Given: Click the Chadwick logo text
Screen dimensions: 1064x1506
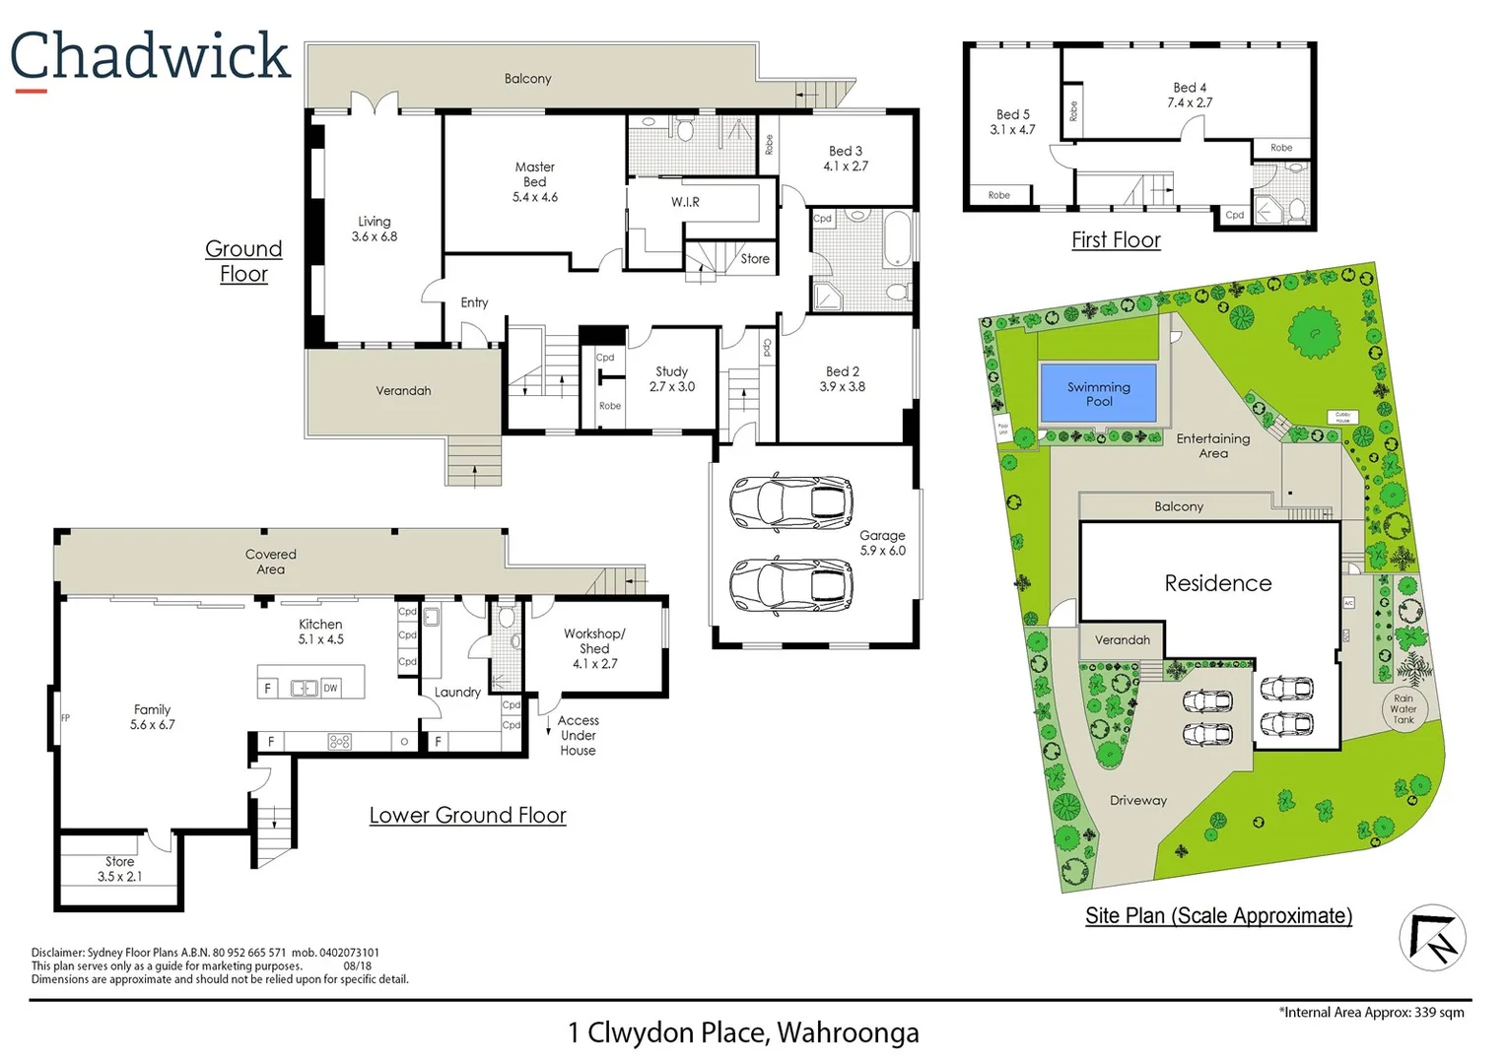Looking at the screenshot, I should pos(150,56).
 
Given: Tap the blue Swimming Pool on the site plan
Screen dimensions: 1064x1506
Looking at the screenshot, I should pos(1098,393).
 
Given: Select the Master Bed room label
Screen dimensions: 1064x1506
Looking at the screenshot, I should pos(534,182).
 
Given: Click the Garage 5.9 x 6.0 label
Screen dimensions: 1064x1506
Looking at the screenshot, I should pos(882,543).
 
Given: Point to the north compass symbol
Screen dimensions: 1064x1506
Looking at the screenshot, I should pos(1432,938).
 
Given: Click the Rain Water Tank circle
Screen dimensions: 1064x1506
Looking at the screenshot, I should pos(1403,708).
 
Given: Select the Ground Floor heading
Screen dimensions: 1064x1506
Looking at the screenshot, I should pos(243,261).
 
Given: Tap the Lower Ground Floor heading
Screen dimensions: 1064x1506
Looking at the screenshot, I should pos(467,816).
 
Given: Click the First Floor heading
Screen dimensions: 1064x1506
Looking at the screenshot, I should pos(1116,240).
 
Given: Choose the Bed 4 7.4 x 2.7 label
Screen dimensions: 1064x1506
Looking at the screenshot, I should pos(1190,96).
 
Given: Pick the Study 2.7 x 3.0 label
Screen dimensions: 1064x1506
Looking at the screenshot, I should pos(671,379).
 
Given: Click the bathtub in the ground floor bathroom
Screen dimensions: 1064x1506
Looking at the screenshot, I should pos(897,238).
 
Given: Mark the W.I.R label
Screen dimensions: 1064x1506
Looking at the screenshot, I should pos(685,202).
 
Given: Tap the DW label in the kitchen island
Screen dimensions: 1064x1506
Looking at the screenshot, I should pos(330,689).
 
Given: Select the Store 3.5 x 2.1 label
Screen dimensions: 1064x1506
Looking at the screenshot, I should pos(119,869).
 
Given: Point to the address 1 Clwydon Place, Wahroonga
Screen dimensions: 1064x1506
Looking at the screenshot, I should pos(743,1032).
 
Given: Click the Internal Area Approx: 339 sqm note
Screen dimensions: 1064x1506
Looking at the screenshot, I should pos(1371,1012).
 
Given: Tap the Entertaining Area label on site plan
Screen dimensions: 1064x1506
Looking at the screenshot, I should pos(1212,445).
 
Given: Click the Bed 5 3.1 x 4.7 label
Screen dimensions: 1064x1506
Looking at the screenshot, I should pos(1012,122).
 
